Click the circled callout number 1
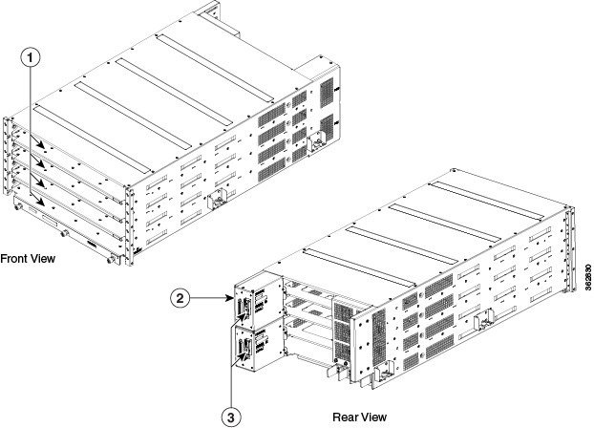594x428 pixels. click(32, 57)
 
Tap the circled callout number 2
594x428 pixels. click(179, 298)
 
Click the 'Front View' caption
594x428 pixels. click(28, 258)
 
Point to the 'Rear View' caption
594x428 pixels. click(358, 417)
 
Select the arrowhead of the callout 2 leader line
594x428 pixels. click(232, 299)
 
